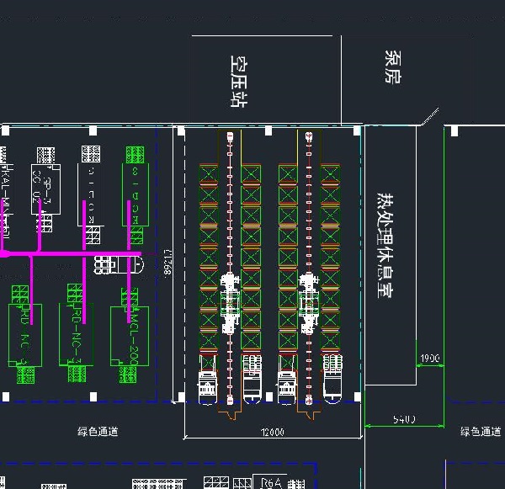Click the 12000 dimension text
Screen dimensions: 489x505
273,432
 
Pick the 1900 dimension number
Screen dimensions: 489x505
429,359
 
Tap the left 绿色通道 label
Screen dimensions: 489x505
98,432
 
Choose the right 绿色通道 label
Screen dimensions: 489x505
481,432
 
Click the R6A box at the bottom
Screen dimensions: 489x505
270,483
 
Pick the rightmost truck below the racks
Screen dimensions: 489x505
333,380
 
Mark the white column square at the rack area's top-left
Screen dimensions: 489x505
180,130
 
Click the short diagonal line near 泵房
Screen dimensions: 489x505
431,117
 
